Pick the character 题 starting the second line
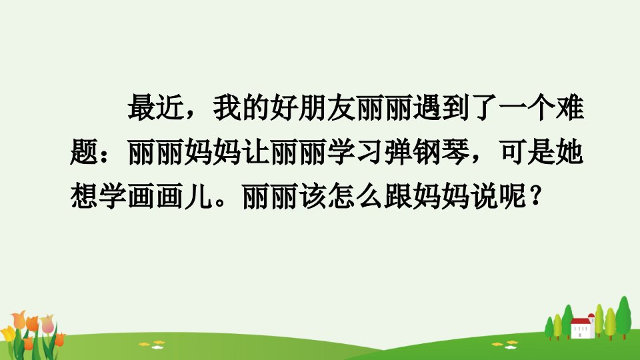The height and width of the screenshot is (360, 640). coord(84,152)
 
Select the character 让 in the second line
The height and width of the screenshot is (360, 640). coord(255,152)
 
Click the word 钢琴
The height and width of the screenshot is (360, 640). coord(441,152)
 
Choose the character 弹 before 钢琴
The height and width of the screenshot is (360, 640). coord(399,152)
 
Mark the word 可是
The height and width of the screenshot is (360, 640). coord(527,152)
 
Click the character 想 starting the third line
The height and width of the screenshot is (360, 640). coord(84,196)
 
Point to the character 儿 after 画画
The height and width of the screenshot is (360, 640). coord(199,196)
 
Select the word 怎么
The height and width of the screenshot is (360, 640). coord(356,196)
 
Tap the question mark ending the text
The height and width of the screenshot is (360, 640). coord(535,196)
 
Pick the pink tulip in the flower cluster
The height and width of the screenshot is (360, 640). coord(47,324)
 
